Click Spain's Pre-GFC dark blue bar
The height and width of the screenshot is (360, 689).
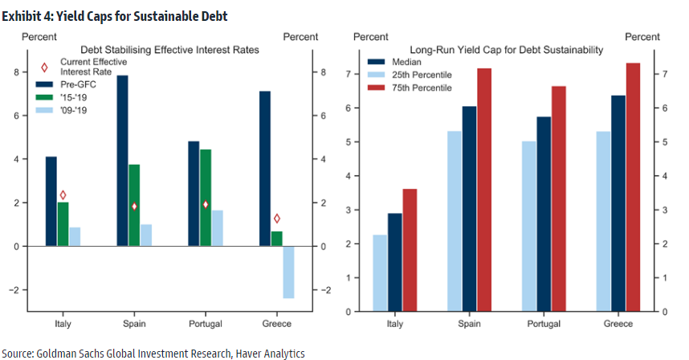(122, 161)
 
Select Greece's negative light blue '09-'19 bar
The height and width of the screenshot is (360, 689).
(288, 272)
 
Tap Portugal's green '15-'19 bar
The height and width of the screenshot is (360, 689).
(206, 198)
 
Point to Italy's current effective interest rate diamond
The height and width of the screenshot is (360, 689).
(63, 195)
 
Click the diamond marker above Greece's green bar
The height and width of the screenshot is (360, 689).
(277, 219)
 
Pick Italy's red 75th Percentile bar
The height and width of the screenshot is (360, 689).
(410, 250)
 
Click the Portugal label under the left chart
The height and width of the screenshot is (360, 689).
(205, 324)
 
